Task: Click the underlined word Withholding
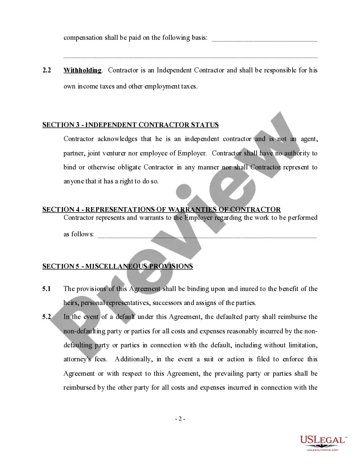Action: tap(83, 70)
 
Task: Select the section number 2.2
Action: tap(47, 70)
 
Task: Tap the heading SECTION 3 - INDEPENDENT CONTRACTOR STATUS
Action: tap(130, 125)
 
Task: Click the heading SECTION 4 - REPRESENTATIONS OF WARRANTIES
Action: tap(161, 210)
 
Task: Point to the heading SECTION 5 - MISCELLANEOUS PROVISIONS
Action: tap(117, 266)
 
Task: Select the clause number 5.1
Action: tap(47, 289)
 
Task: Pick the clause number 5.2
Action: tap(47, 317)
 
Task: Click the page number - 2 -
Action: tap(180, 419)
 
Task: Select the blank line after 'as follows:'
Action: tap(207, 236)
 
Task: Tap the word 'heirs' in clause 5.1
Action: tap(71, 303)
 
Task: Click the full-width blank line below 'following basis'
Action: tap(191, 56)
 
